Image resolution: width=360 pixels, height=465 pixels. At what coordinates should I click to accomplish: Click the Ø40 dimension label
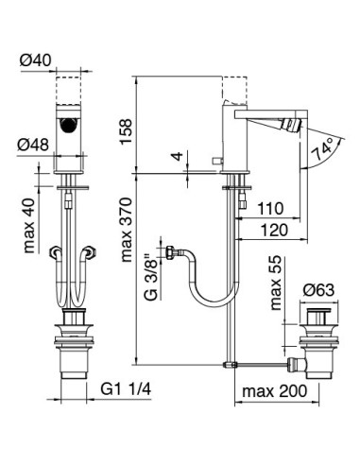35,60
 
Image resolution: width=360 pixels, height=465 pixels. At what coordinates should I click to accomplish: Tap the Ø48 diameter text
33,145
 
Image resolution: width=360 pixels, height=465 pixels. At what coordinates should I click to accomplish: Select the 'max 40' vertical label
29,226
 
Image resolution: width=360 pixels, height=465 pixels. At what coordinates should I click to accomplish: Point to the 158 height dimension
126,131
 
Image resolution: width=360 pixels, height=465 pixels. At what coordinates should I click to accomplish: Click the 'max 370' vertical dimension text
127,230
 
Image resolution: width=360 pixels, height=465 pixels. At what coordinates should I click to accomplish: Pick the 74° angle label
322,149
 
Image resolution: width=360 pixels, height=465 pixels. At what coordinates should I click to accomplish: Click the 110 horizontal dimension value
270,209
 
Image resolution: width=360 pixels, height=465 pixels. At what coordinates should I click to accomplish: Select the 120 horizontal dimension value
274,230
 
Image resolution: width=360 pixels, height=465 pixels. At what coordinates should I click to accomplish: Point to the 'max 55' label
276,283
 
